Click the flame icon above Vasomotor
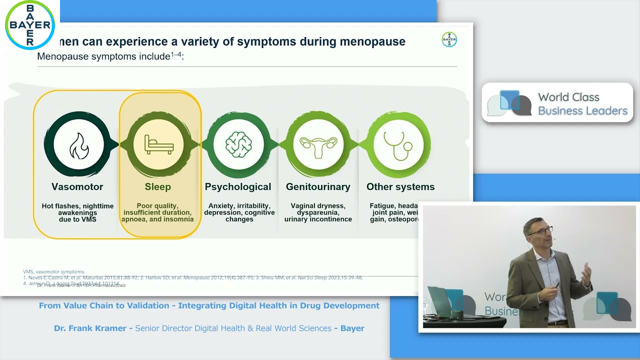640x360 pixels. coord(79,144)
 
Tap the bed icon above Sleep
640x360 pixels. coord(158,144)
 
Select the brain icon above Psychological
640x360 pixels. coord(238,144)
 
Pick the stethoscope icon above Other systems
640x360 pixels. coord(398,144)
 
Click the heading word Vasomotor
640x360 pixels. coord(77,187)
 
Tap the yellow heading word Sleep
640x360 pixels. coord(158,187)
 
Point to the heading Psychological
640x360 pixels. coord(238,187)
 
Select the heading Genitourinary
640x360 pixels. coord(318,187)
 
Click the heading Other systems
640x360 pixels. coord(400,187)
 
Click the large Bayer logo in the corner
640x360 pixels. coord(30,24)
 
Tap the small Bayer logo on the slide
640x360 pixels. coord(449,39)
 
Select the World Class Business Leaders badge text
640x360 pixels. coord(582,104)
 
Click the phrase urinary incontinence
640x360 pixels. coord(318,219)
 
